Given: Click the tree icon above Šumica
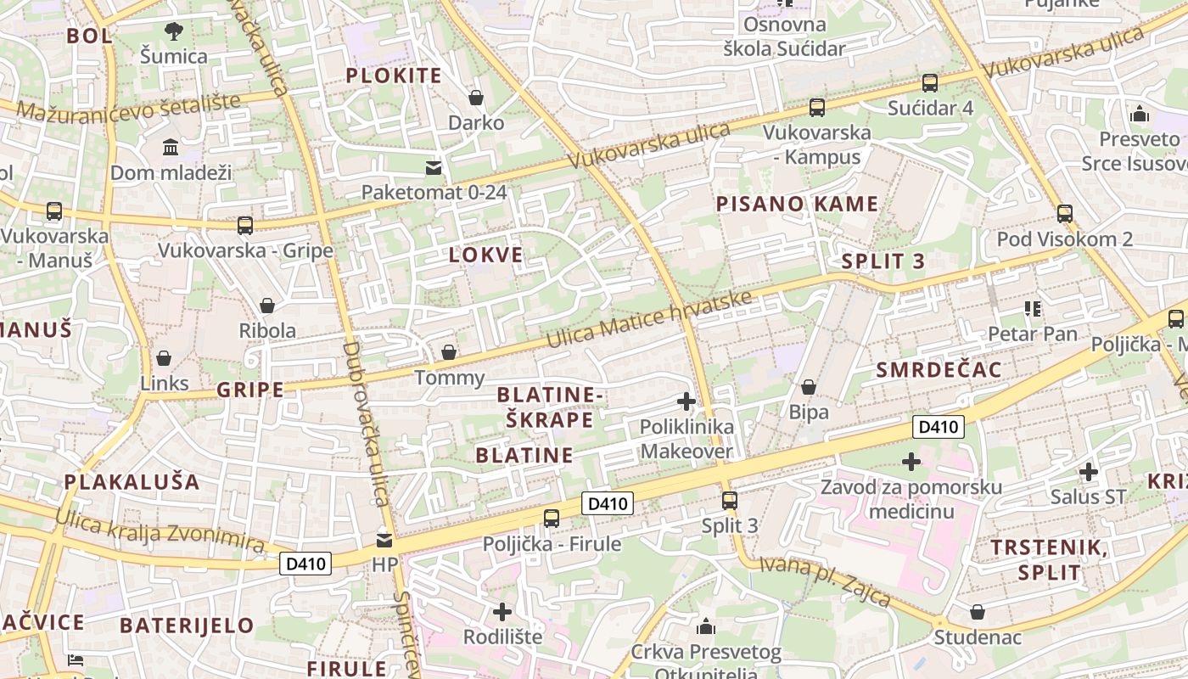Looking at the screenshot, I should click(x=173, y=31).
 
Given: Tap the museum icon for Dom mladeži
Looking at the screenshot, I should click(x=171, y=148).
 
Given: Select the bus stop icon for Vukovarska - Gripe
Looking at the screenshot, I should click(x=245, y=226).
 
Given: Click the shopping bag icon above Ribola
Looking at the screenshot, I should click(x=267, y=306).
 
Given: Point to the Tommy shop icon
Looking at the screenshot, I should click(x=449, y=352).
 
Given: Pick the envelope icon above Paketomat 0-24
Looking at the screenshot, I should click(x=434, y=167).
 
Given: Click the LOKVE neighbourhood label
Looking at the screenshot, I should click(x=486, y=255).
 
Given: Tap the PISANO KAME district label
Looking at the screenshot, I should click(x=797, y=204).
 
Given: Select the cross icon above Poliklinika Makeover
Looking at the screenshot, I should click(x=686, y=401).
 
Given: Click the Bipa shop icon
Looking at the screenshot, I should click(x=809, y=387).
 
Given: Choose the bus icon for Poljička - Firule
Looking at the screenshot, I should click(x=552, y=518).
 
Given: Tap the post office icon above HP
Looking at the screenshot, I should click(x=384, y=540).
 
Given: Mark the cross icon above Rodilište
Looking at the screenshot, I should click(x=502, y=611).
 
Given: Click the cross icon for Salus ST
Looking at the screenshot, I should click(x=1089, y=471).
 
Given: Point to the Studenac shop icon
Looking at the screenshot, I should click(x=978, y=611).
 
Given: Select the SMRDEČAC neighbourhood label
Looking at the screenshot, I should click(x=939, y=370).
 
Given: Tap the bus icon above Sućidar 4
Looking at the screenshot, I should click(x=930, y=83).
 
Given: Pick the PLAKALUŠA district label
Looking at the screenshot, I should click(x=132, y=482).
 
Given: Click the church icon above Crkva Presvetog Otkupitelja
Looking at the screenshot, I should click(x=705, y=627).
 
